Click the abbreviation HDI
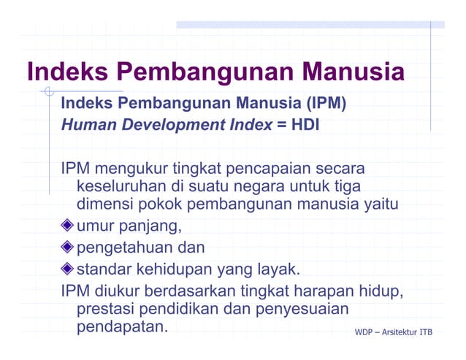[305, 124]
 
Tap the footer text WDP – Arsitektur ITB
[393, 333]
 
